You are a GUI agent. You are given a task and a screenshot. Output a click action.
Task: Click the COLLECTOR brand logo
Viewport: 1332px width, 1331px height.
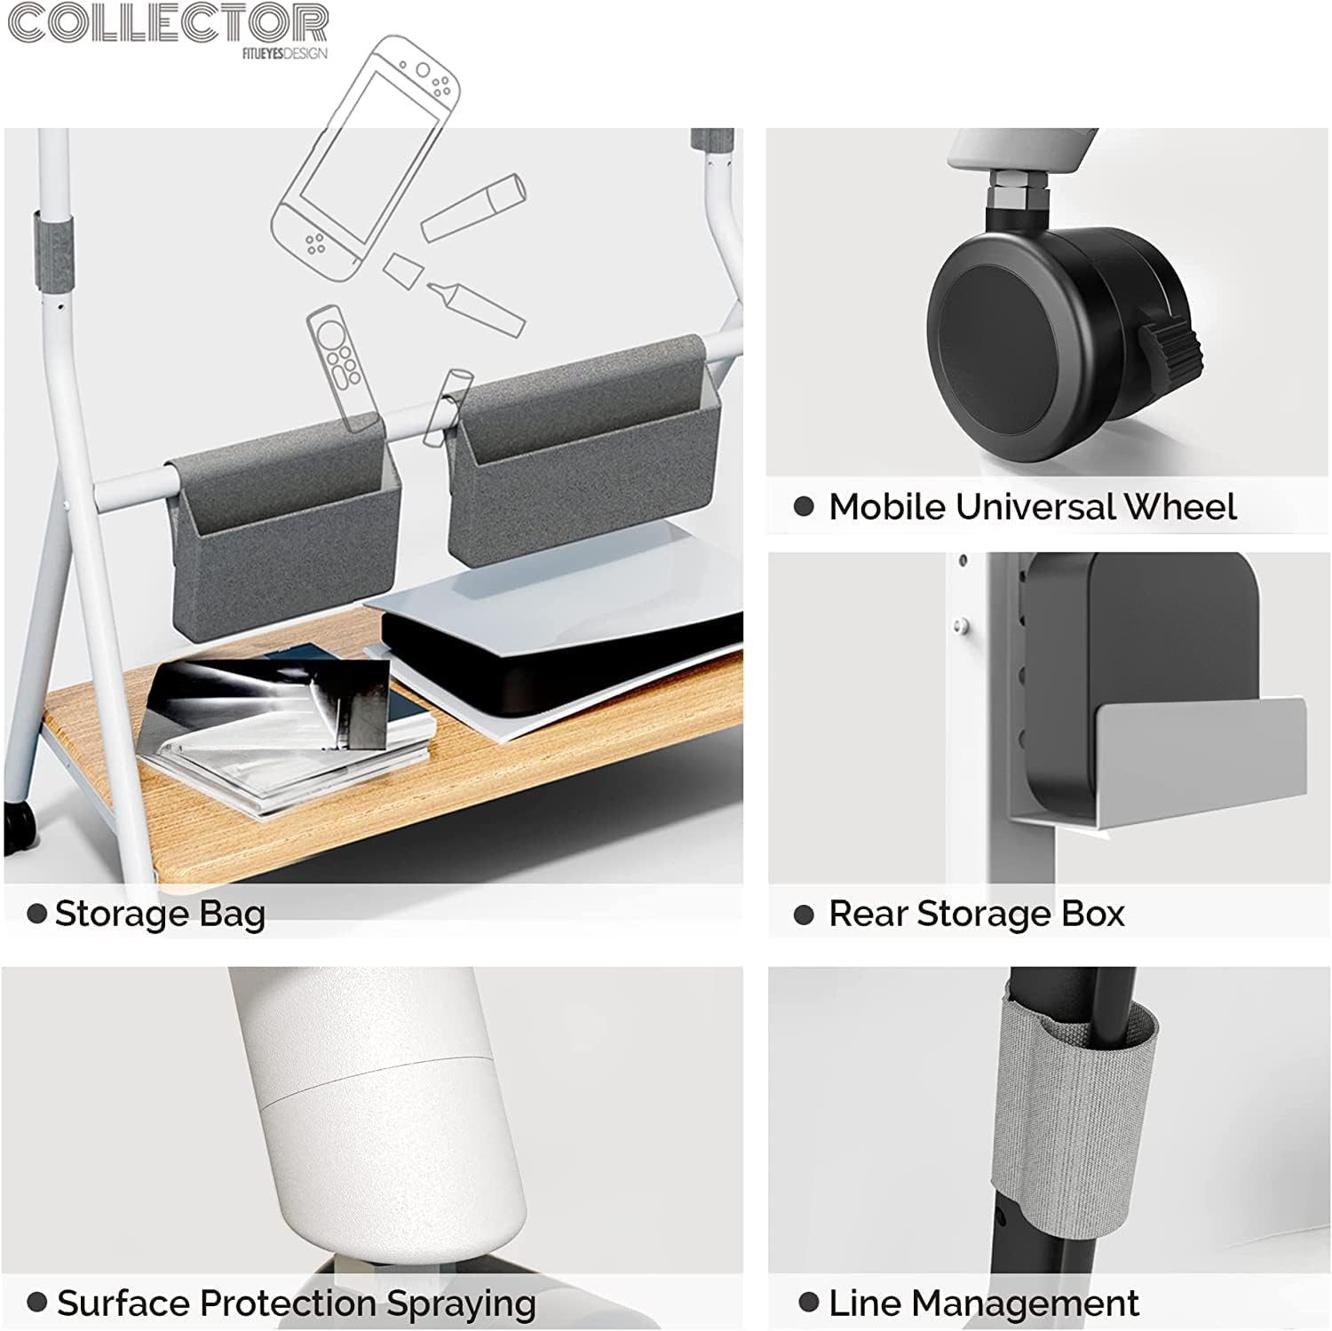tap(168, 24)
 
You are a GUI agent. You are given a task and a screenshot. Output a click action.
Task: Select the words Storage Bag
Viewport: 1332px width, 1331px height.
tap(160, 914)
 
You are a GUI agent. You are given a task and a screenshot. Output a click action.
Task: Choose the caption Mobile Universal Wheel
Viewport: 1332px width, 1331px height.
tap(1032, 507)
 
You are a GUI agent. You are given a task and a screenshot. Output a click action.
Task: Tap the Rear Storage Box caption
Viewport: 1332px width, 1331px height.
tap(976, 914)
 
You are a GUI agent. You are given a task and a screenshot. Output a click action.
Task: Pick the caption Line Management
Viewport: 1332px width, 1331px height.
tap(983, 1303)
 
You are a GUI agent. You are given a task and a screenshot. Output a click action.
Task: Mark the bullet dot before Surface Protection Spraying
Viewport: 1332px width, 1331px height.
tap(37, 1303)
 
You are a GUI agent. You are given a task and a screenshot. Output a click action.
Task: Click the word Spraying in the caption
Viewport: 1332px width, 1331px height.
tap(461, 1304)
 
